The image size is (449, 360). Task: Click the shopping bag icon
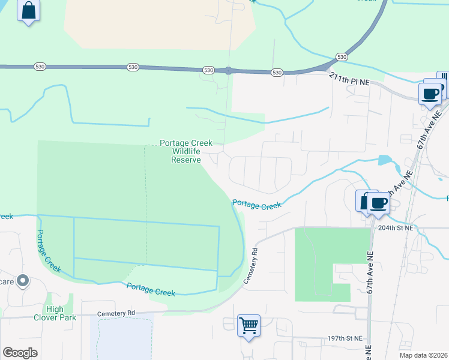[x=28, y=11]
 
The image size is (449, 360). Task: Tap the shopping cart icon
[x=249, y=326]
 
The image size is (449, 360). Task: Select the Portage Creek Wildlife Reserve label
[x=185, y=151]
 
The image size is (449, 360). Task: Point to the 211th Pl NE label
[x=349, y=77]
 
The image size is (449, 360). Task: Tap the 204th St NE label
[x=396, y=228]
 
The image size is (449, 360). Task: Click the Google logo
[x=20, y=353]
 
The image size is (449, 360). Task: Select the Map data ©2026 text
[x=423, y=355]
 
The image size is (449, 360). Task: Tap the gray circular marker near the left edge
[x=23, y=280]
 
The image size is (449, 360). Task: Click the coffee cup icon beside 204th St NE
[x=378, y=202]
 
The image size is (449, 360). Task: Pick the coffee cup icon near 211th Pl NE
[x=430, y=93]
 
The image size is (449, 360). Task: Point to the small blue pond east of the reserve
[x=385, y=160]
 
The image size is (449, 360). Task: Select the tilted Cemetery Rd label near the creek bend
[x=250, y=266]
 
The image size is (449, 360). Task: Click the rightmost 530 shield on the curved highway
[x=342, y=56]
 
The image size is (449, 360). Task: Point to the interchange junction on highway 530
[x=229, y=70]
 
